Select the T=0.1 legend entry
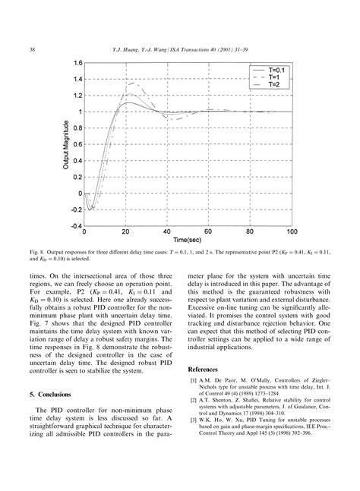pyautogui.click(x=271, y=70)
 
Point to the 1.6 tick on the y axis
pyautogui.click(x=77, y=62)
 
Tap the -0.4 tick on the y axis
pyautogui.click(x=76, y=225)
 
